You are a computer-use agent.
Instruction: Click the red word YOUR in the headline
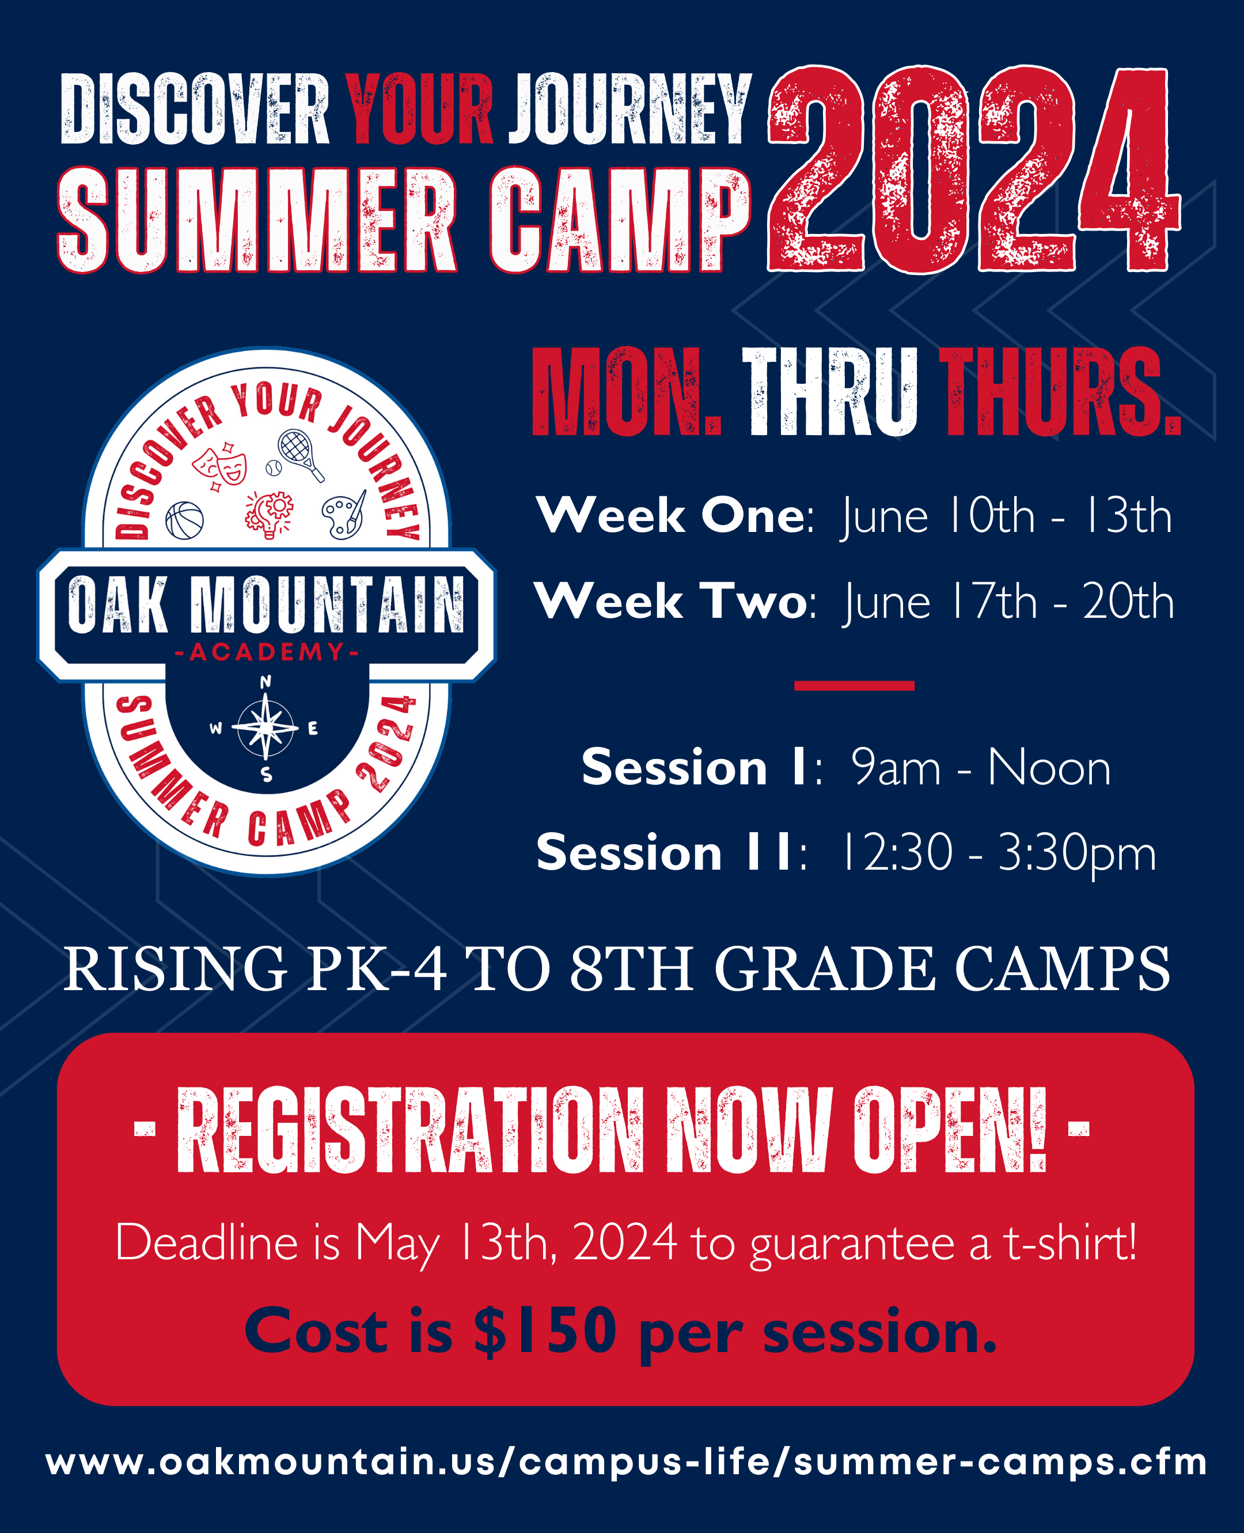(420, 108)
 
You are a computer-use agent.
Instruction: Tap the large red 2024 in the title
(974, 170)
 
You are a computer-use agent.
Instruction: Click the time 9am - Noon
(981, 768)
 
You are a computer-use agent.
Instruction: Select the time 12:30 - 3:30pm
(998, 854)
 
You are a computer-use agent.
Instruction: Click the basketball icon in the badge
(185, 520)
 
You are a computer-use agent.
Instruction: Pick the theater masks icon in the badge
(220, 466)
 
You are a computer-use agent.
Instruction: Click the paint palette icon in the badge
(344, 514)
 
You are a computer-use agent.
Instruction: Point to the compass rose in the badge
(266, 728)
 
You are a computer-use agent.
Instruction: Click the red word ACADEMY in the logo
(267, 651)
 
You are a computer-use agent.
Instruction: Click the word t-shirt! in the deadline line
(1070, 1242)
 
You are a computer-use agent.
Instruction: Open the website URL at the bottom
(626, 1462)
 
